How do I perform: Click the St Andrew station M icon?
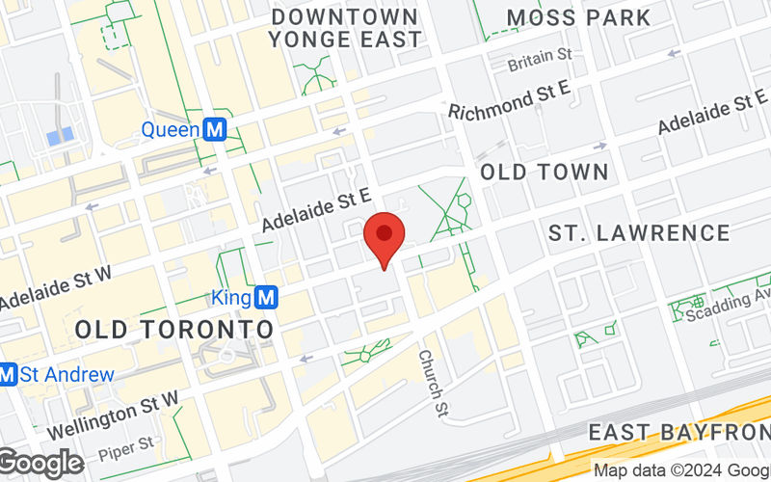[x=8, y=374]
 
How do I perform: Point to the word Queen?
[x=171, y=129]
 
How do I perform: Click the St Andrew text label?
[x=67, y=374]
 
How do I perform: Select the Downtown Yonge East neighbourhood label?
[x=345, y=28]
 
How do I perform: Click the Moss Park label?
[x=578, y=17]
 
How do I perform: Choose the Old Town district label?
[x=545, y=173]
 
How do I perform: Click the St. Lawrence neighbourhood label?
[x=639, y=232]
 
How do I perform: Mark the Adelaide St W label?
[x=55, y=287]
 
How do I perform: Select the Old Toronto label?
[x=173, y=329]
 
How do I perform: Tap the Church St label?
[x=433, y=384]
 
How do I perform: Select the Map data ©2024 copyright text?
[x=680, y=471]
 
